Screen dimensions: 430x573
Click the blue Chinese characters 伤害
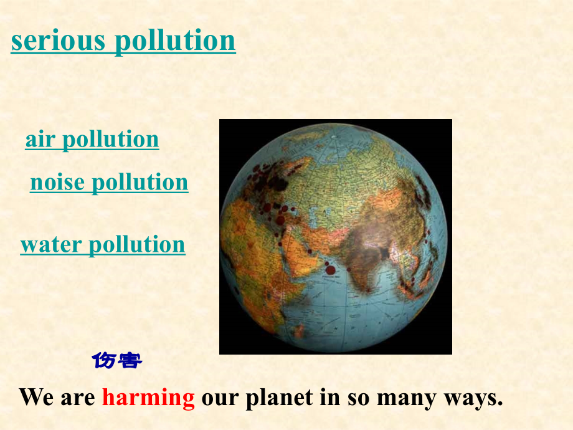117,360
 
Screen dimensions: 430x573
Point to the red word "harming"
148,397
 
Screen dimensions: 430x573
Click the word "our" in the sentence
220,397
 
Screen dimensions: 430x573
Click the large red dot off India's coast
330,270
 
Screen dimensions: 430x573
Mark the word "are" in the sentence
78,397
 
